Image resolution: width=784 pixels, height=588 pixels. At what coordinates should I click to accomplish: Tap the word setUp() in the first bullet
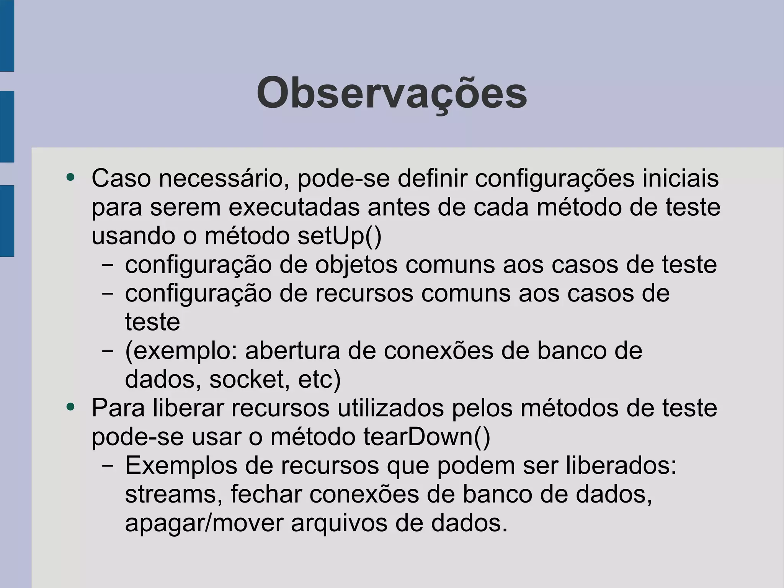coord(339,236)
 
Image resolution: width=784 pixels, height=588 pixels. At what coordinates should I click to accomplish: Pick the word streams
coord(174,495)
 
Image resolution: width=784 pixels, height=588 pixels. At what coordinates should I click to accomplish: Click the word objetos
coord(356,265)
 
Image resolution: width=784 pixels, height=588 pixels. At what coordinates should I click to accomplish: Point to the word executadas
coord(294,208)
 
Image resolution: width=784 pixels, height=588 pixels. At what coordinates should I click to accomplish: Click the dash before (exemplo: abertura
coord(108,351)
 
